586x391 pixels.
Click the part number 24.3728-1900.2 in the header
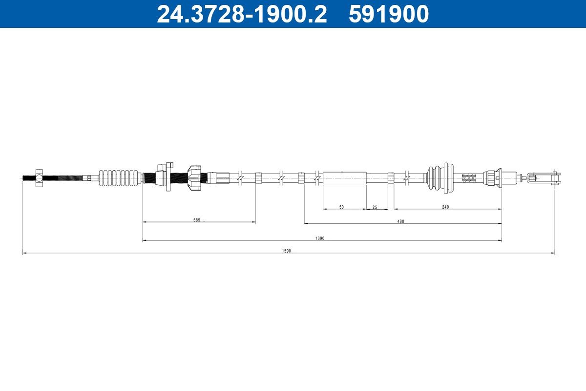coord(241,14)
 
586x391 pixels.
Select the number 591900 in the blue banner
coord(388,14)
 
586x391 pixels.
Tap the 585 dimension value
coord(196,220)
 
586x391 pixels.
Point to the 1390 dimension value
coord(320,239)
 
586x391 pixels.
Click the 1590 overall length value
coord(286,251)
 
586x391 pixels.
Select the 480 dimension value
coord(400,221)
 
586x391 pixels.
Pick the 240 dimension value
coord(445,207)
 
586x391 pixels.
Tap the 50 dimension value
coord(341,207)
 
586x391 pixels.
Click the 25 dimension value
coord(375,207)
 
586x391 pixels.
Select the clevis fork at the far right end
coord(549,178)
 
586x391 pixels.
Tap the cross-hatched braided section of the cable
coord(469,178)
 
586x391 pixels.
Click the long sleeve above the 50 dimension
coord(344,178)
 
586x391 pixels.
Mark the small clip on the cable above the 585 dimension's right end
coord(258,178)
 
